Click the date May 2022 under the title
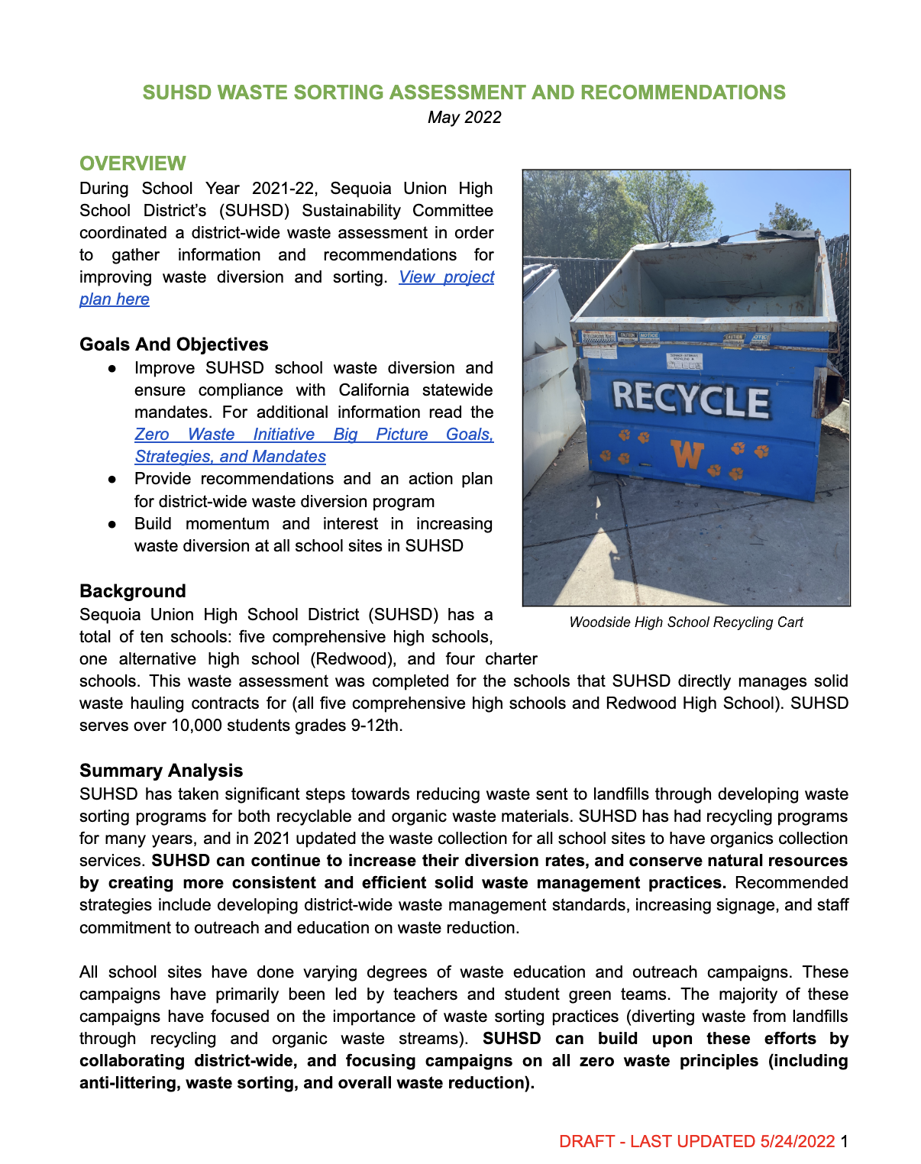pyautogui.click(x=464, y=118)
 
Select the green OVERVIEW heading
pyautogui.click(x=133, y=163)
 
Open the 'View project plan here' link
pyautogui.click(x=446, y=277)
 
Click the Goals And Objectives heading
pyautogui.click(x=174, y=344)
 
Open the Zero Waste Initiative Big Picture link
pyautogui.click(x=314, y=435)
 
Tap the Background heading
pyautogui.click(x=133, y=591)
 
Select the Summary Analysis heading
pyautogui.click(x=161, y=771)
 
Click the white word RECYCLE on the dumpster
pyautogui.click(x=691, y=399)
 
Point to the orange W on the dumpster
pyautogui.click(x=687, y=454)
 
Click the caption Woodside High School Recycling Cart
pyautogui.click(x=686, y=622)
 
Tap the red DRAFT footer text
pyautogui.click(x=696, y=1142)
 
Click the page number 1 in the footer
pyautogui.click(x=844, y=1142)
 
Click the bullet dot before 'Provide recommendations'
pyautogui.click(x=112, y=480)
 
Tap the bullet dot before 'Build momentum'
pyautogui.click(x=112, y=525)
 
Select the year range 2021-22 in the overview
pyautogui.click(x=285, y=189)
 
